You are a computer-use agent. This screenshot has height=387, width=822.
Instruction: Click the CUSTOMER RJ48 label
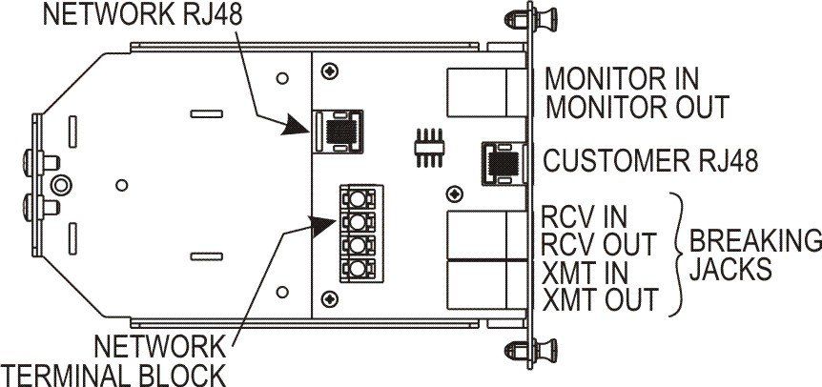point(650,161)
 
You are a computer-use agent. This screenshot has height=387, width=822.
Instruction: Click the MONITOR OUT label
point(637,106)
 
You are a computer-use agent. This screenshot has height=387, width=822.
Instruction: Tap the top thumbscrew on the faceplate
point(518,18)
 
